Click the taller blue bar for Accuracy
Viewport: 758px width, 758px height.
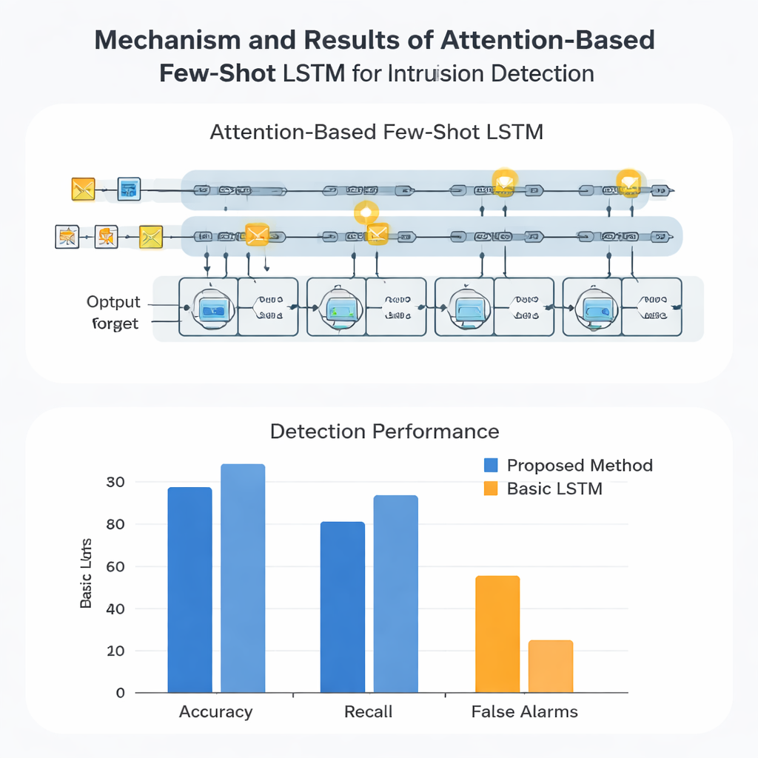click(x=243, y=577)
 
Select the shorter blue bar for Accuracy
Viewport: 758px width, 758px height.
click(x=189, y=589)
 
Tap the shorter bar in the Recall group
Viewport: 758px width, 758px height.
click(x=342, y=607)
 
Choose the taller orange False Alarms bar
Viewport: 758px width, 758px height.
click(x=497, y=634)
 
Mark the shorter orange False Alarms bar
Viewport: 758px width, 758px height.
click(x=551, y=666)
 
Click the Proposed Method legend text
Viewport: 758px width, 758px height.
click(x=580, y=466)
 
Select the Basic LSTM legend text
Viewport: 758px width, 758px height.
click(x=554, y=489)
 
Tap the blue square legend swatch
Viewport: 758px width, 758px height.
click(x=490, y=466)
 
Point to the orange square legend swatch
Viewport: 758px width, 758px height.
click(x=490, y=489)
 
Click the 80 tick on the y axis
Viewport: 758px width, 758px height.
click(x=115, y=525)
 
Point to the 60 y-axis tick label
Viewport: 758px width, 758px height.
click(x=115, y=567)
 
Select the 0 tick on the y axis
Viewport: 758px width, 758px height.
click(x=120, y=694)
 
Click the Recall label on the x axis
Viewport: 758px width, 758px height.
click(x=369, y=712)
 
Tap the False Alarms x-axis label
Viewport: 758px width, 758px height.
click(x=525, y=712)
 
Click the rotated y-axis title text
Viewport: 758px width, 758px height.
click(x=87, y=574)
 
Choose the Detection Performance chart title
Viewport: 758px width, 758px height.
click(x=384, y=432)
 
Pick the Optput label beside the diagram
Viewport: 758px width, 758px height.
click(x=113, y=302)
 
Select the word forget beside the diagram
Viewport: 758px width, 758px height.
click(x=115, y=323)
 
